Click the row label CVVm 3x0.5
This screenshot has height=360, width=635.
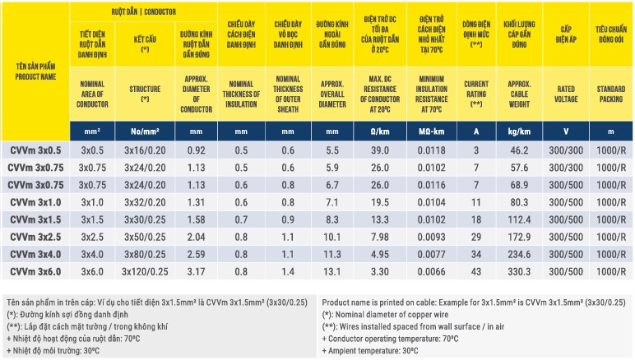35,150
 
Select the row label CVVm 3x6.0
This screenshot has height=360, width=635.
35,271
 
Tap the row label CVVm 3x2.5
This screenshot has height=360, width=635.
35,237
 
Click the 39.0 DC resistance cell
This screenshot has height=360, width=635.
381,150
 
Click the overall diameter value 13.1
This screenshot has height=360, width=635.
332,271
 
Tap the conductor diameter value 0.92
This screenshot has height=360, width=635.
196,150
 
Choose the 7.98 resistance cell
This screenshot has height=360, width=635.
381,237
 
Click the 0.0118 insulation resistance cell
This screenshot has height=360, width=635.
432,150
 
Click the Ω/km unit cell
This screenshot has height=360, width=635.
381,131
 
